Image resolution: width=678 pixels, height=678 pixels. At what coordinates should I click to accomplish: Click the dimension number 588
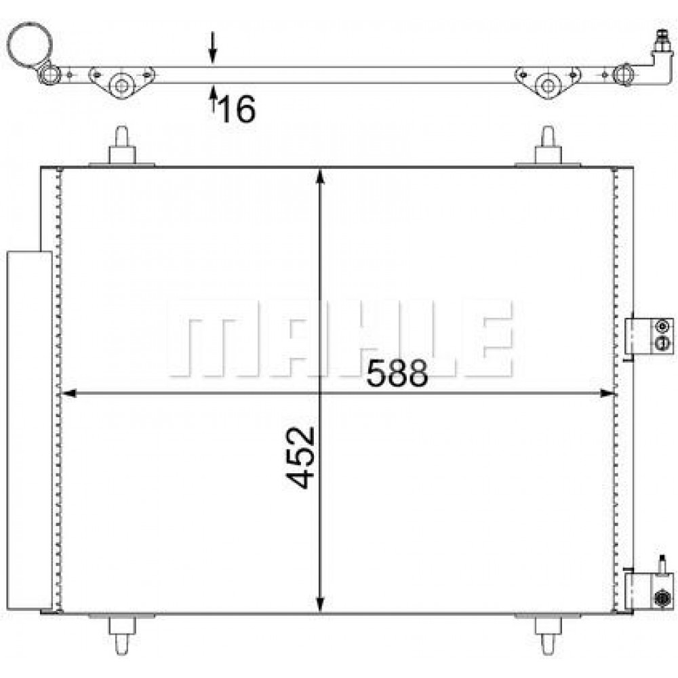pyautogui.click(x=397, y=373)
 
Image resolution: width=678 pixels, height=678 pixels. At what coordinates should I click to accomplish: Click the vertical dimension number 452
pyautogui.click(x=300, y=458)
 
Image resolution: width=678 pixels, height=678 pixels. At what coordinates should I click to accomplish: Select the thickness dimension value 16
pyautogui.click(x=237, y=108)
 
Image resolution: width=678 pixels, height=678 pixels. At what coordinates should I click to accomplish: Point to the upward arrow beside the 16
pyautogui.click(x=212, y=99)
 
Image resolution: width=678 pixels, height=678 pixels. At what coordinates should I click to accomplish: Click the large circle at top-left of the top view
pyautogui.click(x=29, y=45)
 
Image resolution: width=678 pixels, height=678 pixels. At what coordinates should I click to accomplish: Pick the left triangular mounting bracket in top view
pyautogui.click(x=121, y=82)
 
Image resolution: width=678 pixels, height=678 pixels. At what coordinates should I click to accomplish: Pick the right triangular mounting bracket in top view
pyautogui.click(x=547, y=83)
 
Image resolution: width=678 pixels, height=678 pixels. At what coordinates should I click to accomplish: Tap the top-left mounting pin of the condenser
pyautogui.click(x=122, y=145)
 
